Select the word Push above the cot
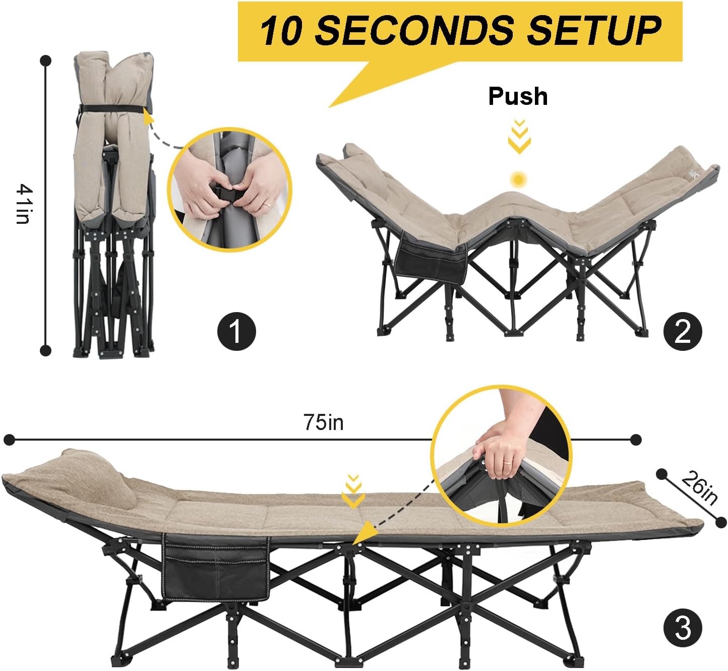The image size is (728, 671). click(x=518, y=96)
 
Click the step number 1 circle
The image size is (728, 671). click(x=236, y=331)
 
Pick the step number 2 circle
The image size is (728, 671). click(x=683, y=332)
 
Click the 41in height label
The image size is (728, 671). click(x=23, y=204)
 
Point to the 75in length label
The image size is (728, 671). click(x=323, y=422)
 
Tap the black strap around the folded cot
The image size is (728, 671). click(x=112, y=108)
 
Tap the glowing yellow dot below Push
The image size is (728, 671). click(x=518, y=179)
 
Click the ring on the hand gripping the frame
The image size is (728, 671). click(x=507, y=463)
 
